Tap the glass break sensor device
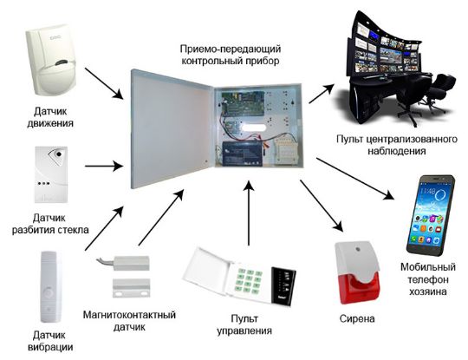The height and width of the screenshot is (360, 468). point(51,174)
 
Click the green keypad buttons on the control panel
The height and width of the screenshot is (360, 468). point(249,281)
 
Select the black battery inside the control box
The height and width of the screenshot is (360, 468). point(242,154)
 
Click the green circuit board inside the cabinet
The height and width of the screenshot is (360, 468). point(243,103)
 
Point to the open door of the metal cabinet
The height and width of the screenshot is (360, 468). point(172,129)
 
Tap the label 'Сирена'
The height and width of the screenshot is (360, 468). point(357,318)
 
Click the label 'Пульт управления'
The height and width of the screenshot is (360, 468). point(244,324)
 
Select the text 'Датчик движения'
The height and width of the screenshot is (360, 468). point(50,117)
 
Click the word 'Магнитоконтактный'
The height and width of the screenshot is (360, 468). point(129,315)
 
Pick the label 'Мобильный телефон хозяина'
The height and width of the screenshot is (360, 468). point(428,279)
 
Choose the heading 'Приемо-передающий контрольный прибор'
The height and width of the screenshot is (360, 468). point(231,55)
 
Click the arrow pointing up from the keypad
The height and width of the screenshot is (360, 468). point(249,213)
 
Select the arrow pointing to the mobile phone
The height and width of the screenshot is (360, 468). point(355,179)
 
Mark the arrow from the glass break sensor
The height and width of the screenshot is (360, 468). point(104,166)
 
